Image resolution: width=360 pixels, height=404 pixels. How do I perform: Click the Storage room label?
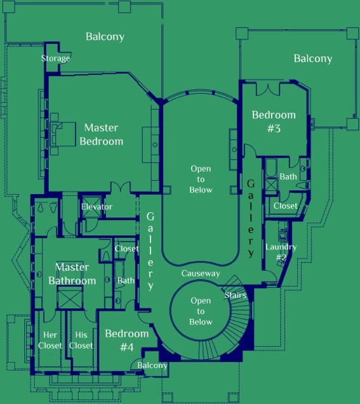(55, 58)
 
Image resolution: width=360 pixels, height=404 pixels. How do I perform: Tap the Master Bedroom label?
(102, 134)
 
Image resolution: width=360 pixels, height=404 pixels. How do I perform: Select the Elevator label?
(97, 207)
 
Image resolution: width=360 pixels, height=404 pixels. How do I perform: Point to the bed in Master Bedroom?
(63, 134)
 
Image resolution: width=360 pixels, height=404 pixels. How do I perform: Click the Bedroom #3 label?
(274, 121)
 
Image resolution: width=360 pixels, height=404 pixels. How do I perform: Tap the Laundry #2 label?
(281, 252)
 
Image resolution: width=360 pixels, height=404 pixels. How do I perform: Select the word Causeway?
(201, 273)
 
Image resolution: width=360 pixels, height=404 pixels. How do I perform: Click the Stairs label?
(236, 295)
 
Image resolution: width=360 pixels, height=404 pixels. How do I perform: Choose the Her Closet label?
(50, 340)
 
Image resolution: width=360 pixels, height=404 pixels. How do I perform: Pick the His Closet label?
(81, 340)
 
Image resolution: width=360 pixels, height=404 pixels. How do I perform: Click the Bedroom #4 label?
(127, 341)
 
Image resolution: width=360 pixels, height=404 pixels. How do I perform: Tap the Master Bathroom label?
(72, 273)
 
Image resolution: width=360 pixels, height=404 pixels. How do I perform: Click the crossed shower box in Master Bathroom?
(70, 297)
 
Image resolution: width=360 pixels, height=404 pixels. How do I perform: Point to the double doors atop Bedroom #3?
(268, 89)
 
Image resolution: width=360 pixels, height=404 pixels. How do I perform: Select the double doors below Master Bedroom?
(121, 187)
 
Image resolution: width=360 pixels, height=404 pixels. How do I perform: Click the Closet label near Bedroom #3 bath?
(286, 206)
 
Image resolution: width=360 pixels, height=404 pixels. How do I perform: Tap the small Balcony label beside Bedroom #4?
(152, 365)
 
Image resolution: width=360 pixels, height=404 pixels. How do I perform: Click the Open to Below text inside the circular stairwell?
(201, 311)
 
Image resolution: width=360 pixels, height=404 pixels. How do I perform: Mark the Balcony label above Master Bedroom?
(105, 37)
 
